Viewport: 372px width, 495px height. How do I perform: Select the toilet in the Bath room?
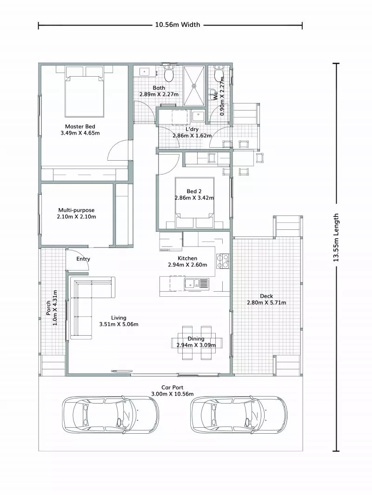tap(169, 74)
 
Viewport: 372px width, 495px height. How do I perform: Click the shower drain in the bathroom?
tap(194, 85)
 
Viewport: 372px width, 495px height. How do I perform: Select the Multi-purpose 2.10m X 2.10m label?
tap(77, 213)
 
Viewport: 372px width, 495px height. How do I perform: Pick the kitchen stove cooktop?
tap(223, 261)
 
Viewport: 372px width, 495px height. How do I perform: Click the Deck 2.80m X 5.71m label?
tap(266, 300)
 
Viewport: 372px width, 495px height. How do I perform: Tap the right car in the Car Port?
tap(239, 414)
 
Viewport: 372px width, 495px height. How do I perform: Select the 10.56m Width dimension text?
tap(177, 25)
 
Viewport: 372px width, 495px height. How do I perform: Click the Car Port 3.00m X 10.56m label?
tap(173, 391)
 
